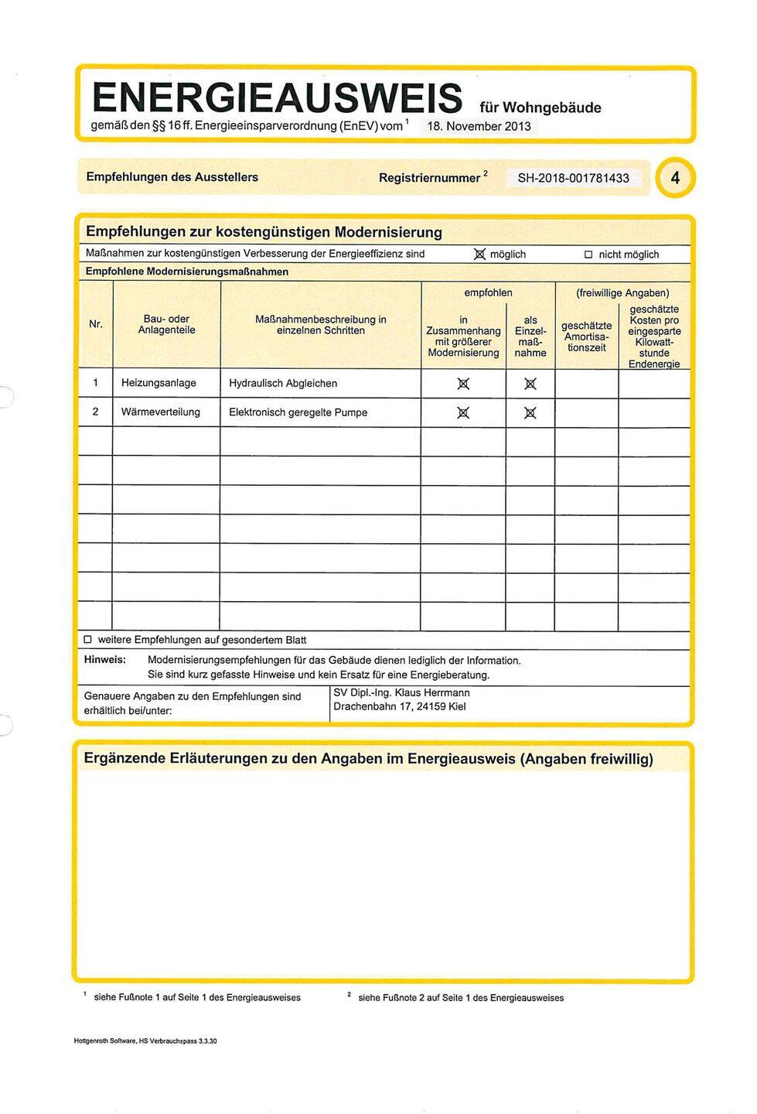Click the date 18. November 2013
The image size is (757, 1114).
(x=478, y=126)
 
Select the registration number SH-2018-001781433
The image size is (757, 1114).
(x=573, y=178)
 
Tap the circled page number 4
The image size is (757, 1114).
(x=675, y=178)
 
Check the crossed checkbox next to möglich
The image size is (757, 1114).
(x=479, y=255)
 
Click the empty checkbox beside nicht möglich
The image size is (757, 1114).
(x=588, y=255)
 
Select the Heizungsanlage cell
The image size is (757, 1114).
(x=159, y=383)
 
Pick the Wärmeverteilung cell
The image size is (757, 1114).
(x=161, y=412)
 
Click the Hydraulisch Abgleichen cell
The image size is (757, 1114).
(x=283, y=383)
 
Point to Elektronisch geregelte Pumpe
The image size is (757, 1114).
(x=298, y=412)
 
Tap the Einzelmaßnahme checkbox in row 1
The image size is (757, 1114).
(x=530, y=384)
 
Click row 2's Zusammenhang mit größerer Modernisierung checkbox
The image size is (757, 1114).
(x=463, y=413)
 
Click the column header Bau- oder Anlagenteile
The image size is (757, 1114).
(x=166, y=325)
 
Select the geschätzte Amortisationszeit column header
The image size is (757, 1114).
(x=586, y=336)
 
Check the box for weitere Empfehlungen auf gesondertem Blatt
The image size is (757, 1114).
(x=87, y=640)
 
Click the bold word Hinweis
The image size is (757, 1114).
(x=104, y=660)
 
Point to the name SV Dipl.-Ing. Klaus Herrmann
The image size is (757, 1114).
(x=401, y=693)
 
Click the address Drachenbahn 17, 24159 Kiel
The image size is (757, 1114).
(x=399, y=706)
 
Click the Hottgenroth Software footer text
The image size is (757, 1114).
(x=145, y=1041)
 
